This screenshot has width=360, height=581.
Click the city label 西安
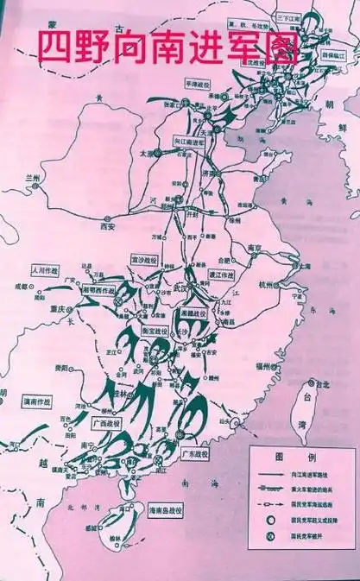107,226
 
